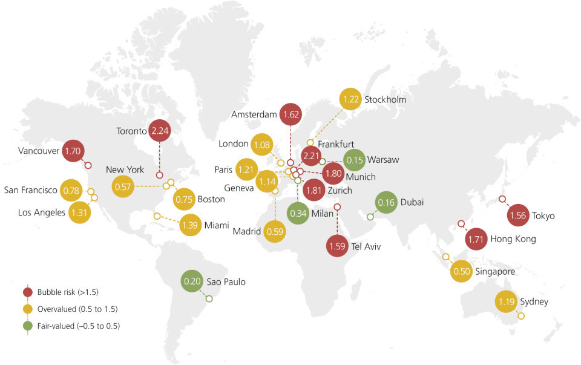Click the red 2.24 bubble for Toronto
(160, 130)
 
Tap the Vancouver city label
(39, 151)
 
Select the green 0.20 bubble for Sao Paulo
(193, 281)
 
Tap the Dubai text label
(412, 202)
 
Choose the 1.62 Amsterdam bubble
(290, 114)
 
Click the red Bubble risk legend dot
(27, 292)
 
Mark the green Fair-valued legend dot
(27, 326)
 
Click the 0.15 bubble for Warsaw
(353, 160)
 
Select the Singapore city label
(494, 272)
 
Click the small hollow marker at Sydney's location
(521, 316)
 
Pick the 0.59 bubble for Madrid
(275, 231)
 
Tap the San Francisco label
(30, 190)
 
